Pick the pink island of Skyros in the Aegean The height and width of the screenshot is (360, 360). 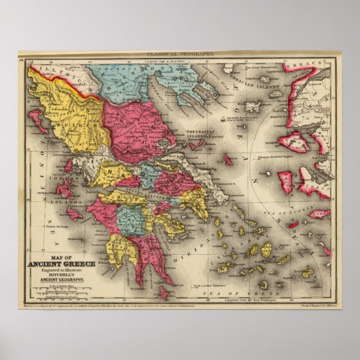tap(228, 160)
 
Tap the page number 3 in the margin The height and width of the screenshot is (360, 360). tap(21, 58)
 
